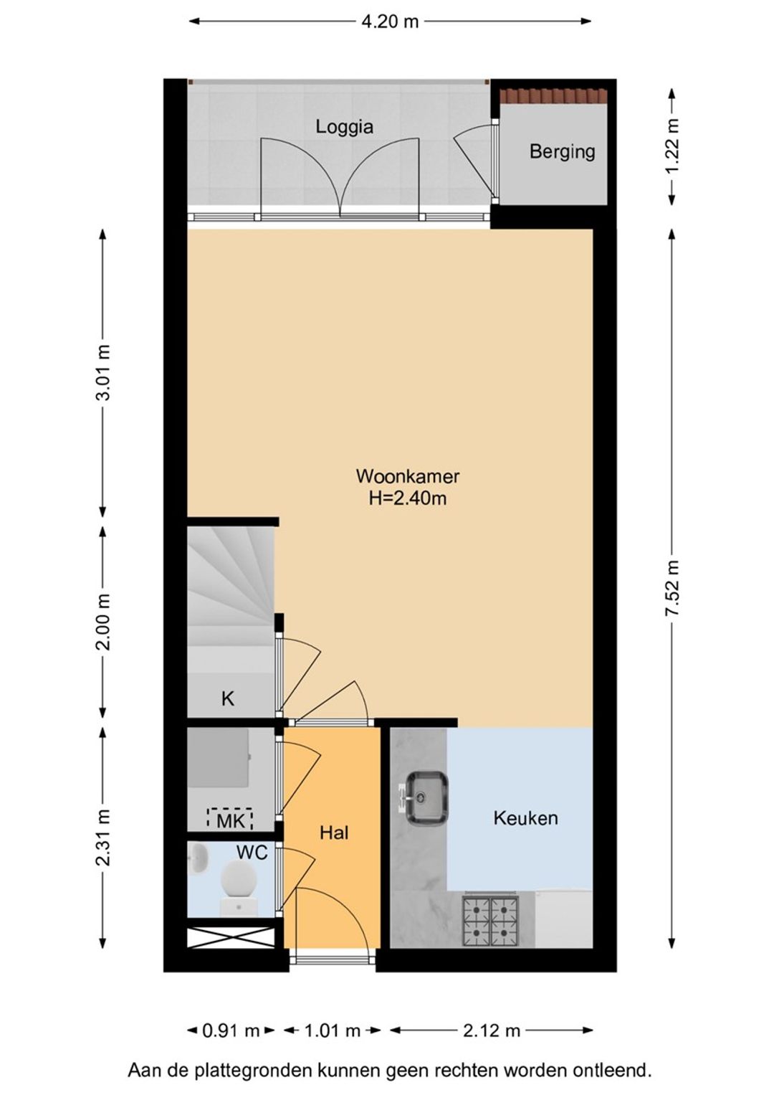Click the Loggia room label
(x=344, y=127)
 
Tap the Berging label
(x=562, y=151)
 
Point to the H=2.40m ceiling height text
(x=408, y=499)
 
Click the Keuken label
(x=525, y=817)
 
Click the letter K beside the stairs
(x=228, y=699)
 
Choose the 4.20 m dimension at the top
(x=389, y=22)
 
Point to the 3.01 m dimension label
(x=102, y=372)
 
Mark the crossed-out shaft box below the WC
(x=231, y=938)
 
